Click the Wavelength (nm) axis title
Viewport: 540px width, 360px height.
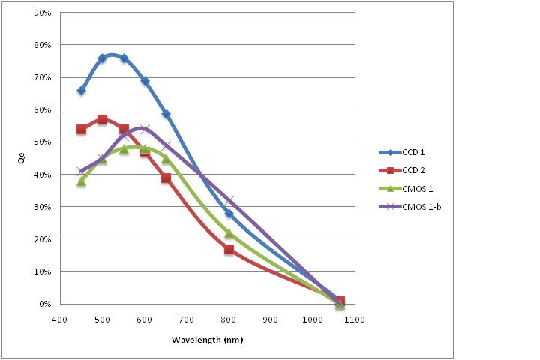(x=208, y=340)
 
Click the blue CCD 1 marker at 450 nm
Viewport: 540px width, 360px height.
(x=81, y=91)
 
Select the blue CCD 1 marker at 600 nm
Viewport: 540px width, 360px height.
(x=145, y=80)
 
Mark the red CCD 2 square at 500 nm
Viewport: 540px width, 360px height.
(x=102, y=120)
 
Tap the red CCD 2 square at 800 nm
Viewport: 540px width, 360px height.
(x=229, y=249)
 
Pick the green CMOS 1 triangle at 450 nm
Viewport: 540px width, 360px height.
(x=81, y=181)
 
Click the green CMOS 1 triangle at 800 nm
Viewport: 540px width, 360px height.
(x=229, y=233)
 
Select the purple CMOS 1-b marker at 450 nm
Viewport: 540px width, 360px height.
(x=81, y=171)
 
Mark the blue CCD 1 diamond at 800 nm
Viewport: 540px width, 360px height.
(x=229, y=214)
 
